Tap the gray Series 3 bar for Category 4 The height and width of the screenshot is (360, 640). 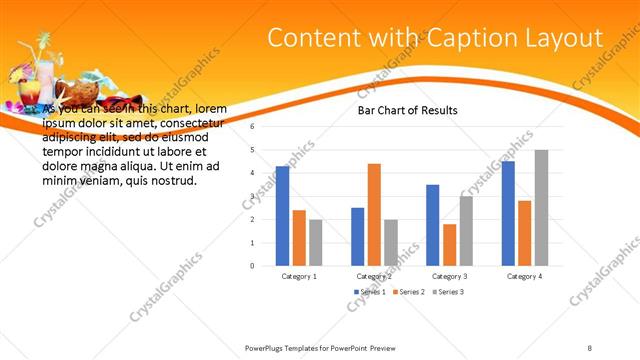541,208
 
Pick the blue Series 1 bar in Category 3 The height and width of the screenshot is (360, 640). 433,225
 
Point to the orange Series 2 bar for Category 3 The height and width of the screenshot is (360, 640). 449,245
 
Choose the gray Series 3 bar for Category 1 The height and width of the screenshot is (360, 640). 315,243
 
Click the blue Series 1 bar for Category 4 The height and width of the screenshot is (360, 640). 508,213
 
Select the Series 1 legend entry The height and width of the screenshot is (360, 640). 370,292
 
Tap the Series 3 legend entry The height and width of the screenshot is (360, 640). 447,292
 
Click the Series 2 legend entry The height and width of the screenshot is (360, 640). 409,292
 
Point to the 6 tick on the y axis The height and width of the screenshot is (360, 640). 253,127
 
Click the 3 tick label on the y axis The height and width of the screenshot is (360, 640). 253,196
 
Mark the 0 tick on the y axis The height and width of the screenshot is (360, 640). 253,266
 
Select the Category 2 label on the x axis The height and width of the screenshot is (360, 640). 374,276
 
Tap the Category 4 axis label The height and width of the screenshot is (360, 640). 524,276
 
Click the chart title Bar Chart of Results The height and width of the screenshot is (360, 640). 408,110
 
